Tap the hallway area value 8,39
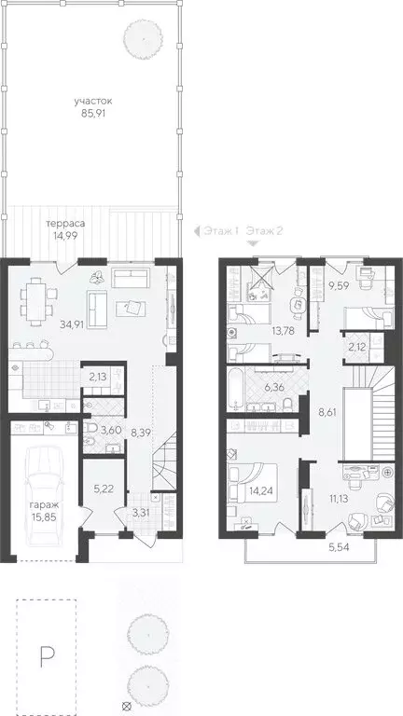(143, 434)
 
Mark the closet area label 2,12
(357, 347)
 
